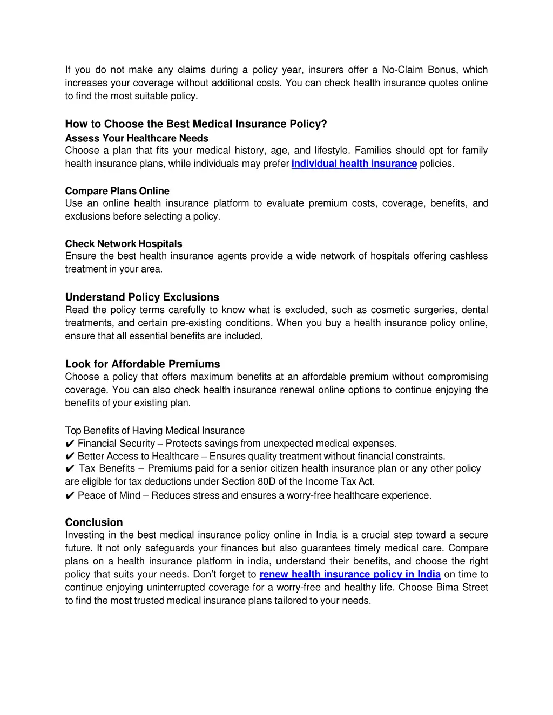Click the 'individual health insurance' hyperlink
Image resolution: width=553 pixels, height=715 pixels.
coord(354,164)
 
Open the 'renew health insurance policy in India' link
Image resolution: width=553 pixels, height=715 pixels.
coord(350,574)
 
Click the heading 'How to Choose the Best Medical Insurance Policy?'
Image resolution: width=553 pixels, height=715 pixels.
coord(196,124)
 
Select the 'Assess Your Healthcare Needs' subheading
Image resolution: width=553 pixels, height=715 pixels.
coord(137,138)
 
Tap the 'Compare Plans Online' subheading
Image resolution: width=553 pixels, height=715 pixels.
coord(117,191)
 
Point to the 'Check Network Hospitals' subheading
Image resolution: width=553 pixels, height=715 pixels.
coord(124,244)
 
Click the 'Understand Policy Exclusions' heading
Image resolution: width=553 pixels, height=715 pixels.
coord(142,297)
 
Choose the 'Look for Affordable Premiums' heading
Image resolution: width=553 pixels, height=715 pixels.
coord(143,364)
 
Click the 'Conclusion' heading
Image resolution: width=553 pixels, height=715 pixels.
coord(94,522)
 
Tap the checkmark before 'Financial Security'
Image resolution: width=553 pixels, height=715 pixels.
coord(70,444)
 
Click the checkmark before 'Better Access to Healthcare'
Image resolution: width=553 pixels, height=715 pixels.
coord(70,457)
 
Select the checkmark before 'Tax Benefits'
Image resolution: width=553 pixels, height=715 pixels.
coord(70,469)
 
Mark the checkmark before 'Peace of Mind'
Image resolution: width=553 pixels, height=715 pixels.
coord(70,496)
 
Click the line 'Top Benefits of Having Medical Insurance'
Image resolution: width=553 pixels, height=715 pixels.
coord(155,431)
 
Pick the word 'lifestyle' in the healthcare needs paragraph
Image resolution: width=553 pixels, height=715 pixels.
coord(332,151)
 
